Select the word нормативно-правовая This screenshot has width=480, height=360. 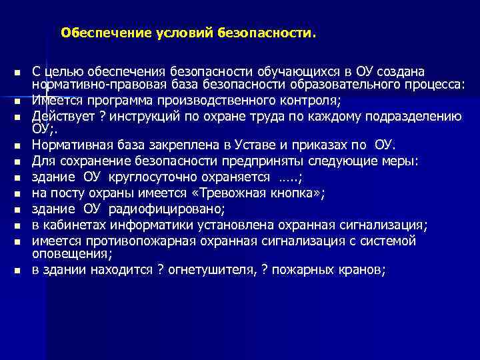[x=90, y=83]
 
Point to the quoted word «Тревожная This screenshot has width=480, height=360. [x=219, y=193]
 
